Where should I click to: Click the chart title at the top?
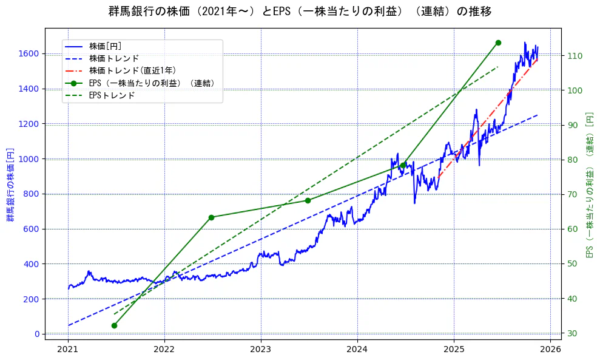pyautogui.click(x=300, y=12)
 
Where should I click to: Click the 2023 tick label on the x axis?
pyautogui.click(x=261, y=349)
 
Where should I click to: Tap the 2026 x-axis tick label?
pyautogui.click(x=550, y=349)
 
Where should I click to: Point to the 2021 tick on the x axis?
pyautogui.click(x=68, y=349)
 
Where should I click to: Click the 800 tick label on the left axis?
pyautogui.click(x=32, y=194)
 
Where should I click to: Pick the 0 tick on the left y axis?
pyautogui.click(x=36, y=334)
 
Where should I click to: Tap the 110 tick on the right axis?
pyautogui.click(x=574, y=56)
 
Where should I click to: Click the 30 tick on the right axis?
pyautogui.click(x=572, y=333)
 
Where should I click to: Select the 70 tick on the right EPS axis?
pyautogui.click(x=572, y=194)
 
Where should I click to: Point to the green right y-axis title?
pyautogui.click(x=589, y=185)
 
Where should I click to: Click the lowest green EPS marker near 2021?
pyautogui.click(x=114, y=325)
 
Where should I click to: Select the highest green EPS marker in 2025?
pyautogui.click(x=498, y=42)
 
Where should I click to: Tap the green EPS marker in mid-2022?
pyautogui.click(x=211, y=217)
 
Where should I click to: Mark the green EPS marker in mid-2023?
pyautogui.click(x=308, y=200)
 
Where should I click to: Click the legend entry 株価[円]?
pyautogui.click(x=106, y=46)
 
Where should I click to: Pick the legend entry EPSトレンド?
pyautogui.click(x=112, y=95)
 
